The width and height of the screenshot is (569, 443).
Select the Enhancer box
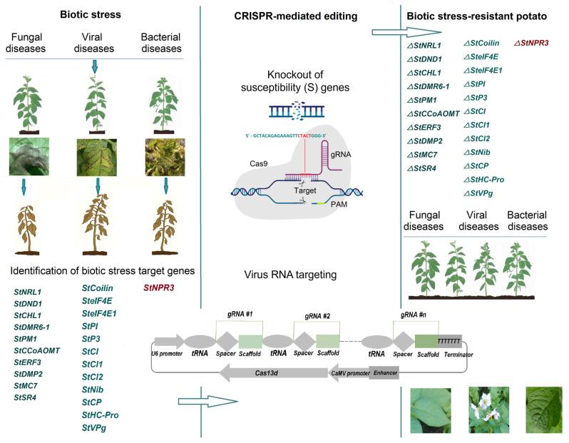coord(384,372)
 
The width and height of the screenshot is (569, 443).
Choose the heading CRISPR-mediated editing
coord(285,17)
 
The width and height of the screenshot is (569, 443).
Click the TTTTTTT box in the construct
coord(449,341)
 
